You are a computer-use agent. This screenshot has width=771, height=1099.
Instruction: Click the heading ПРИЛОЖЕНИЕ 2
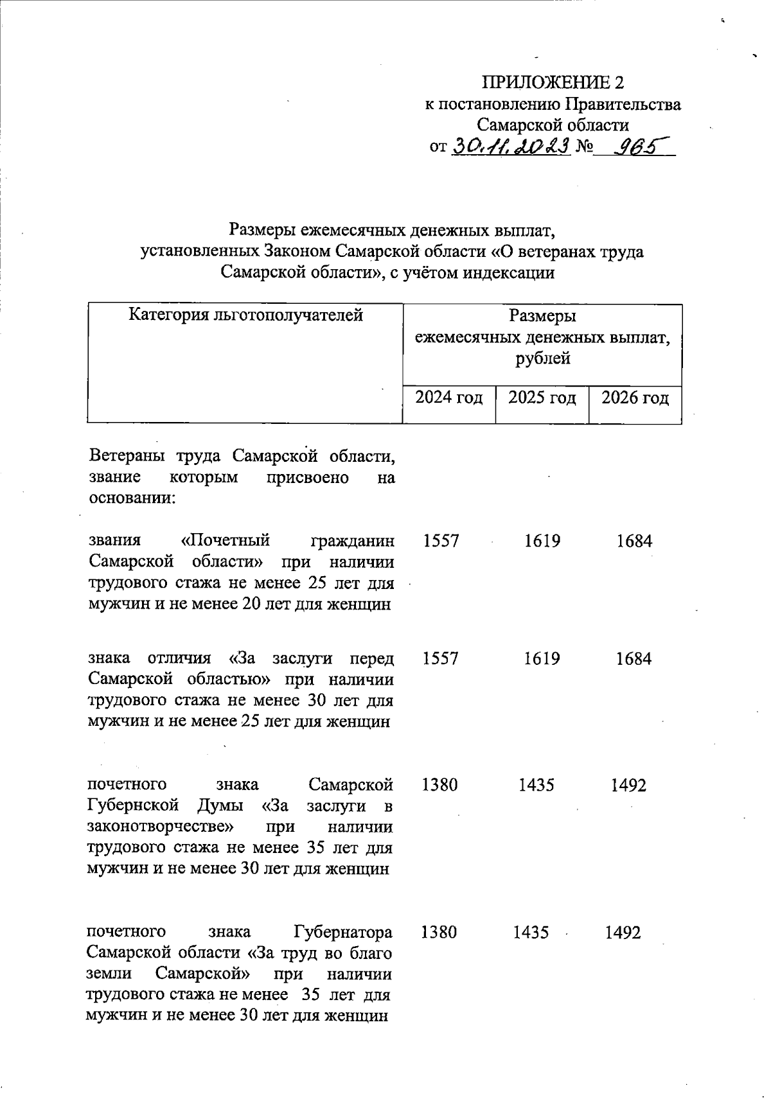[x=553, y=82]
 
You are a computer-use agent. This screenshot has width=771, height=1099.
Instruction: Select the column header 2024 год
[x=448, y=398]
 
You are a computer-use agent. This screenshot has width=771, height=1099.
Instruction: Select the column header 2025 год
[x=542, y=398]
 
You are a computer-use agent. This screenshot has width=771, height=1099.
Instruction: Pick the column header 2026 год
[x=635, y=398]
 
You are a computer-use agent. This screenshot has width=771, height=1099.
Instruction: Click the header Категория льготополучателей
[x=246, y=315]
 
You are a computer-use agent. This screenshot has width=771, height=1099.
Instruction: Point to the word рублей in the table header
[x=542, y=358]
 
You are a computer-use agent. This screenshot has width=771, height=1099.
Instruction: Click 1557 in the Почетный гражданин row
[x=441, y=541]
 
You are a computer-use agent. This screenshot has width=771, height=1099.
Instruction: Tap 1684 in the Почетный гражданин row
[x=634, y=541]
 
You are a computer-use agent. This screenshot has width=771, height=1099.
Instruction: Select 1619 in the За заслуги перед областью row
[x=542, y=659]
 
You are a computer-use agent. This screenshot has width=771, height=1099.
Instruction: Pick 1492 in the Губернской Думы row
[x=628, y=785]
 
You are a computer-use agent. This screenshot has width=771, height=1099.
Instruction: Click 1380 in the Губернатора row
[x=439, y=932]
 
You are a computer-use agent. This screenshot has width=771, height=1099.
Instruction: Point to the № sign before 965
[x=584, y=148]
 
